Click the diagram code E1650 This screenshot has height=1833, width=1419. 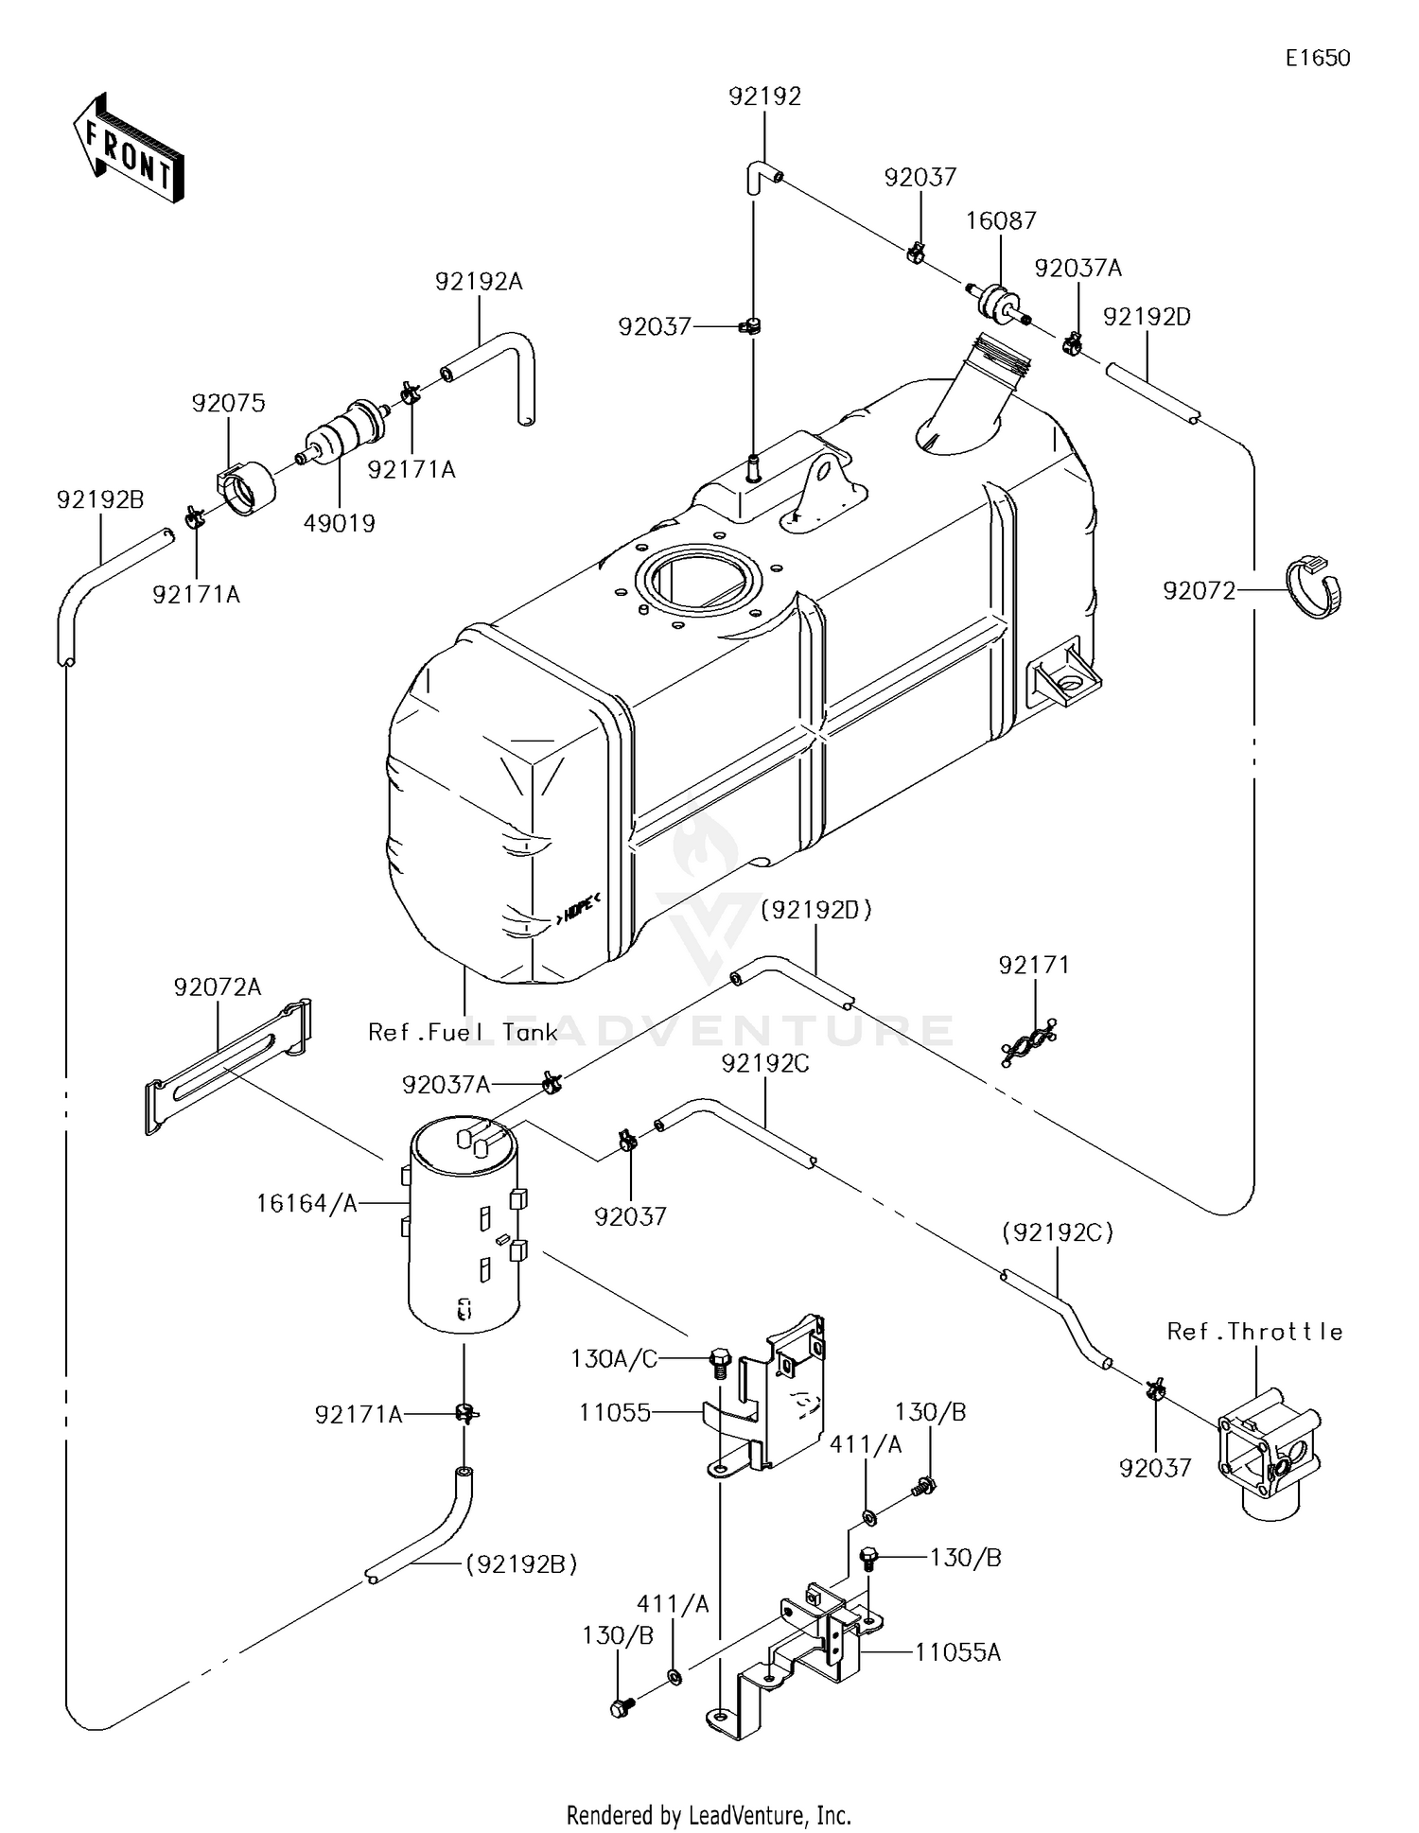coord(1317,59)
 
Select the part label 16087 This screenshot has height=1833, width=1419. coord(1001,220)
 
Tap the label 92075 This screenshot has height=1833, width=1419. coord(228,403)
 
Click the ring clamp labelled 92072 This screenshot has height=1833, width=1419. coord(1316,588)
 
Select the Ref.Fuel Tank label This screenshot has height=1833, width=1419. coord(463,1032)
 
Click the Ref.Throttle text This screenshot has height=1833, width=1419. coord(1254,1332)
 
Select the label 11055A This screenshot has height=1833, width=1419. coord(957,1652)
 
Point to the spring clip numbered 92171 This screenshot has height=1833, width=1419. coord(1029,1044)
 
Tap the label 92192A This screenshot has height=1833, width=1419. coord(479,282)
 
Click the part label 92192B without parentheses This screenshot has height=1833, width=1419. coord(100,499)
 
